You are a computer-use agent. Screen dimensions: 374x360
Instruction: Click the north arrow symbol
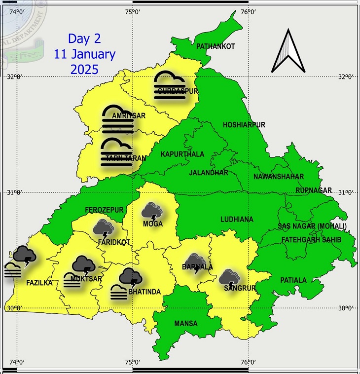point(288,52)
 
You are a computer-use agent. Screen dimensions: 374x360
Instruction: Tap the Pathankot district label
point(216,46)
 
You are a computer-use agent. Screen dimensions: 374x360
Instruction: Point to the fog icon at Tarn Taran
point(116,151)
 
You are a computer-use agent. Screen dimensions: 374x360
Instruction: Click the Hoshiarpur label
point(244,125)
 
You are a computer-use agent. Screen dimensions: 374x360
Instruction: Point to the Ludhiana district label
point(237,219)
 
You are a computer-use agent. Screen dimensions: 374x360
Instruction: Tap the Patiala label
point(293,280)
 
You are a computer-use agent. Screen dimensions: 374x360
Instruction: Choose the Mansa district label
point(185,324)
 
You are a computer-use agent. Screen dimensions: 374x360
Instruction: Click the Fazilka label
point(39,284)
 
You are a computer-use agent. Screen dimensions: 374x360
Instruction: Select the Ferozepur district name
point(104,210)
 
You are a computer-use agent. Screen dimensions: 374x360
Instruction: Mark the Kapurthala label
point(182,154)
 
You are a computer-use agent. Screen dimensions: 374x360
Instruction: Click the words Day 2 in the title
point(84,38)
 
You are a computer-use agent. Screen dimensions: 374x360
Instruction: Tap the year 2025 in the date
point(84,69)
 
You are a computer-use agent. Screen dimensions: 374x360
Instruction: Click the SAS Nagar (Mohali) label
point(312,226)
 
